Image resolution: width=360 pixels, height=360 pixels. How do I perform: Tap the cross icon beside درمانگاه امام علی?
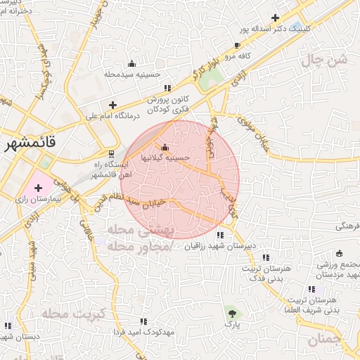pos(112,105)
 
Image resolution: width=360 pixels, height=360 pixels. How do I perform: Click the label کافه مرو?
pos(258,53)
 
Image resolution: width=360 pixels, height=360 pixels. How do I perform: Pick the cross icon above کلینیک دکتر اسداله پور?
pos(275,18)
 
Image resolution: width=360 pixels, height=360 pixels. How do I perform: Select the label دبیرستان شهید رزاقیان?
pos(219,246)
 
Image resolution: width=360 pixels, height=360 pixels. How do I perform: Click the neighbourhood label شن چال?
pos(325,61)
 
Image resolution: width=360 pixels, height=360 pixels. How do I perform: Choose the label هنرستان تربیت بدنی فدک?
pos(264,275)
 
